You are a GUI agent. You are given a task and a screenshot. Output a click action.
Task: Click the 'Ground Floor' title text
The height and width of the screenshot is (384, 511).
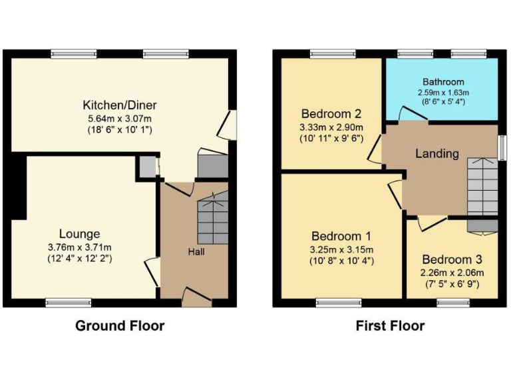click(x=120, y=326)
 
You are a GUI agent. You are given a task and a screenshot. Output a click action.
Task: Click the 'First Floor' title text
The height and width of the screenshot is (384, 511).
click(x=390, y=326)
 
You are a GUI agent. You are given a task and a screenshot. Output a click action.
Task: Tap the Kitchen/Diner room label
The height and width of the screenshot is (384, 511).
click(x=120, y=105)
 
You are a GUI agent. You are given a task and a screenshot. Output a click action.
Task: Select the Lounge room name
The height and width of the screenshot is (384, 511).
click(x=80, y=234)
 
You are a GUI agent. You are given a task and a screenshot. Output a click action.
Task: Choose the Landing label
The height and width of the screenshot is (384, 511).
click(x=437, y=154)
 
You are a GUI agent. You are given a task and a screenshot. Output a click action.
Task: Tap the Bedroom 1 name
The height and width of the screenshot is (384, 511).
click(x=342, y=237)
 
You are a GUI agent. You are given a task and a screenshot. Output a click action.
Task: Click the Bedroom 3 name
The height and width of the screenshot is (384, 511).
click(x=452, y=259)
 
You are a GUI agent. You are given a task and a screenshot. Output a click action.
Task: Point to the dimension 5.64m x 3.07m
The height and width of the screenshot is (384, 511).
click(x=120, y=118)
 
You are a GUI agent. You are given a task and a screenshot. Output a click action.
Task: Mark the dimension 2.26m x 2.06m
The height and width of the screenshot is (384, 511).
click(x=452, y=272)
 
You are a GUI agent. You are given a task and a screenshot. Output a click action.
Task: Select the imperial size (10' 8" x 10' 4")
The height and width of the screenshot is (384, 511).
click(x=342, y=261)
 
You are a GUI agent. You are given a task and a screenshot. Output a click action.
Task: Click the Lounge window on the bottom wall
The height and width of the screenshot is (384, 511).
click(x=68, y=303)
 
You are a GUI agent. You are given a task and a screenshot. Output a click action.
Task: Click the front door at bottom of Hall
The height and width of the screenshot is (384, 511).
click(x=196, y=298)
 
